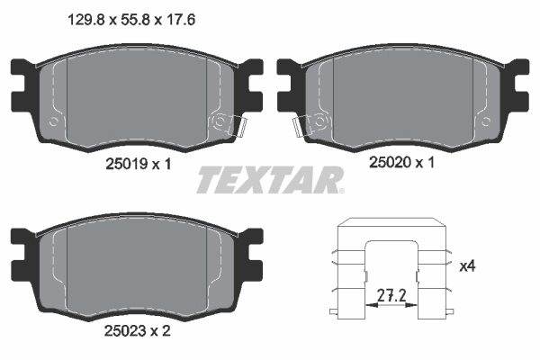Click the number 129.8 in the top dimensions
[x=86, y=15]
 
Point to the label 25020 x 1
[x=402, y=164]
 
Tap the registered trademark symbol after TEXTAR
[x=340, y=190]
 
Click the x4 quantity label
[x=467, y=266]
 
